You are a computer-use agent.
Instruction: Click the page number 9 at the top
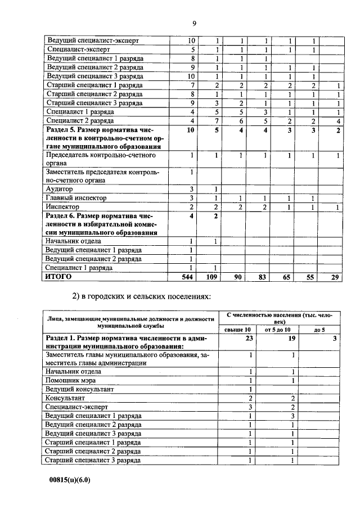[x=193, y=24]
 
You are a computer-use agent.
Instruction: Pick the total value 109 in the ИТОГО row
[x=211, y=277]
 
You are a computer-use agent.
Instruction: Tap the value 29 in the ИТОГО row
[x=336, y=277]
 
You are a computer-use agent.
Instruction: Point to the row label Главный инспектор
[x=76, y=198]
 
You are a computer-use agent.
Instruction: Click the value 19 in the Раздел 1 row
[x=291, y=338]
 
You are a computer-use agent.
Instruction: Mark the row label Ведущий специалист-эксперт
[x=93, y=41]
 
